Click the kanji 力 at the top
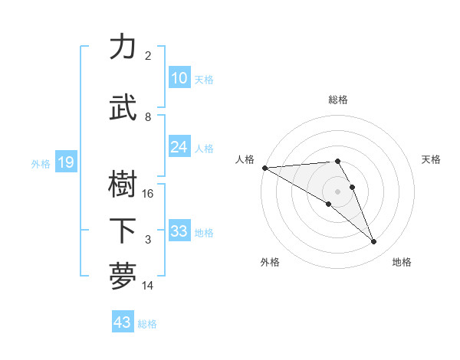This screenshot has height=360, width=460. [123, 47]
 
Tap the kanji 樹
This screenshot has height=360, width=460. [123, 184]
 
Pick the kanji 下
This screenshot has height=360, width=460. [123, 231]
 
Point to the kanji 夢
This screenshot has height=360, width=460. [123, 277]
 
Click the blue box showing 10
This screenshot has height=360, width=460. [179, 78]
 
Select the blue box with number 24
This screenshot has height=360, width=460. [179, 147]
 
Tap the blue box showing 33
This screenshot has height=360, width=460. [179, 231]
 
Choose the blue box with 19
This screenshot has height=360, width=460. [65, 162]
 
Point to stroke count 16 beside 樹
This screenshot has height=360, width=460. [148, 194]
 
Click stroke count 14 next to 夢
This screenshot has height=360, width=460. [148, 286]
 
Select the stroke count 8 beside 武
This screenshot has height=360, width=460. [148, 117]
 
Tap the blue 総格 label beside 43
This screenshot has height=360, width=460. [147, 324]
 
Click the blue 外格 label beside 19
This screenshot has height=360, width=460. [41, 163]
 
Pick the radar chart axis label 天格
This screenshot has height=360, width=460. [431, 159]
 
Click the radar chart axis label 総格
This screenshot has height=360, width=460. [337, 100]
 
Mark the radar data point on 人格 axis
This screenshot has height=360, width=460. [264, 168]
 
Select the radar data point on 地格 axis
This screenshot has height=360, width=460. [373, 242]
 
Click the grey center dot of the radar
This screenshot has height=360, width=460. [337, 191]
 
